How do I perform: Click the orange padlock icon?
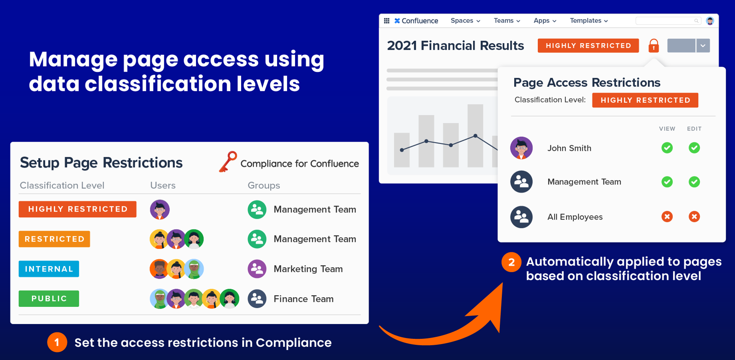653,46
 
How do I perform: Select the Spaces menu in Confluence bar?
465,21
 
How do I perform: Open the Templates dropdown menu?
589,21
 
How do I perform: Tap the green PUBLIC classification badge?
49,298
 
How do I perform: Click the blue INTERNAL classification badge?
49,269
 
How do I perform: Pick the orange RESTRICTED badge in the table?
54,239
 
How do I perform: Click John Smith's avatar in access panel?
521,148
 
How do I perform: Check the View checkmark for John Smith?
667,148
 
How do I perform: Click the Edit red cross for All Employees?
694,217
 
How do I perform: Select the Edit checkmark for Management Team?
694,182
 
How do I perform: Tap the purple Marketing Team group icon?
257,269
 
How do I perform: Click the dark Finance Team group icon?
257,299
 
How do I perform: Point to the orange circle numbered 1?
57,342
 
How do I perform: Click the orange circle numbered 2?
511,262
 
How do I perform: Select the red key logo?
228,162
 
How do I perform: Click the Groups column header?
264,185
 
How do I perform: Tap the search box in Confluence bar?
668,21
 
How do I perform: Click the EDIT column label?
694,129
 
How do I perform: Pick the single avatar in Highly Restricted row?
160,210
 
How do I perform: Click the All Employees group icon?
521,217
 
